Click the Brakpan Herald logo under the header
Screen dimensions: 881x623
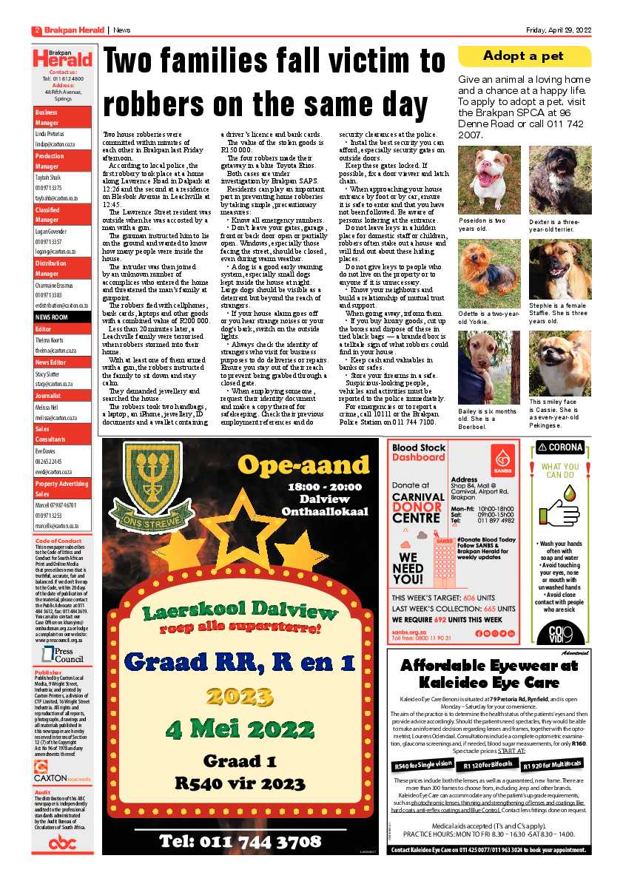coord(63,58)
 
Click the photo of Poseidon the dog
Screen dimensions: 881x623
coord(489,180)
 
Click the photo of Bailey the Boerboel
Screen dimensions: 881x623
coord(489,367)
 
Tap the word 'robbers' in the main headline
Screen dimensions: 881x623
coord(158,103)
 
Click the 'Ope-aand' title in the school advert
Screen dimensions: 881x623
coord(297,464)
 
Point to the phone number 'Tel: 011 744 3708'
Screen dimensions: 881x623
coord(240,840)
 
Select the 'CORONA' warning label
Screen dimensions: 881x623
coord(560,448)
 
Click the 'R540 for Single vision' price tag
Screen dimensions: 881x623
coord(423,765)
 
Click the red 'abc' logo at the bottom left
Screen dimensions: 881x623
coord(62,843)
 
